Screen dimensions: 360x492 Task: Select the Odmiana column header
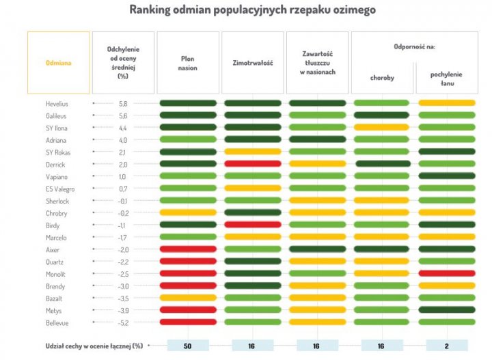[58, 62]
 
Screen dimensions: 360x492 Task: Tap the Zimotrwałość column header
[252, 62]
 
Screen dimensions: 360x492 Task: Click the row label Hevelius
[56, 103]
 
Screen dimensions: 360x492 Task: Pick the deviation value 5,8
[123, 103]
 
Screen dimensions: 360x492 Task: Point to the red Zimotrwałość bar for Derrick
[252, 164]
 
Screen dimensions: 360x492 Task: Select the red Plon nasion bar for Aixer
[187, 249]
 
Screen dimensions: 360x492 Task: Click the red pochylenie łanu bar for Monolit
[447, 273]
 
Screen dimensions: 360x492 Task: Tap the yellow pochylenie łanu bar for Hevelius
[447, 103]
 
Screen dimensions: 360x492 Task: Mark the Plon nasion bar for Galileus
[187, 115]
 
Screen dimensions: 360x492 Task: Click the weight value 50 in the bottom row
[187, 346]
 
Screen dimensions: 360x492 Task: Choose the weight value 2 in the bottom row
[447, 346]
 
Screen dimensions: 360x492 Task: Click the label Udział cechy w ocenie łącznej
[94, 346]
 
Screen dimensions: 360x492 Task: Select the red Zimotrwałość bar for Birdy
[252, 224]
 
